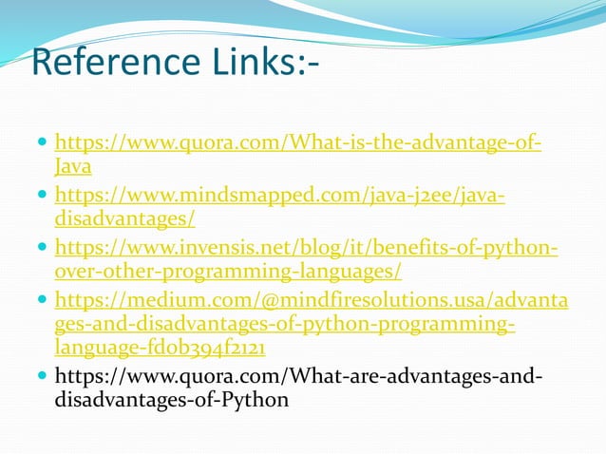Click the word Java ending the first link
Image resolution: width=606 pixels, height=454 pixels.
click(x=73, y=168)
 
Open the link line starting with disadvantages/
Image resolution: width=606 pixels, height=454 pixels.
click(x=125, y=220)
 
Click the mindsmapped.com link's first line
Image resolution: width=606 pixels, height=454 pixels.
click(x=280, y=196)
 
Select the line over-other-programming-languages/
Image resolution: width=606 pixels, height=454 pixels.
click(x=228, y=273)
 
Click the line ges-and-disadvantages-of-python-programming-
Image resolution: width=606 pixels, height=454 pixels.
click(x=285, y=325)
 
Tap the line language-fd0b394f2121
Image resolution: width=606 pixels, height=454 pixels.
click(x=160, y=349)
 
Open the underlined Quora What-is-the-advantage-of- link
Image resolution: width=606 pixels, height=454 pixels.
click(x=299, y=143)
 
